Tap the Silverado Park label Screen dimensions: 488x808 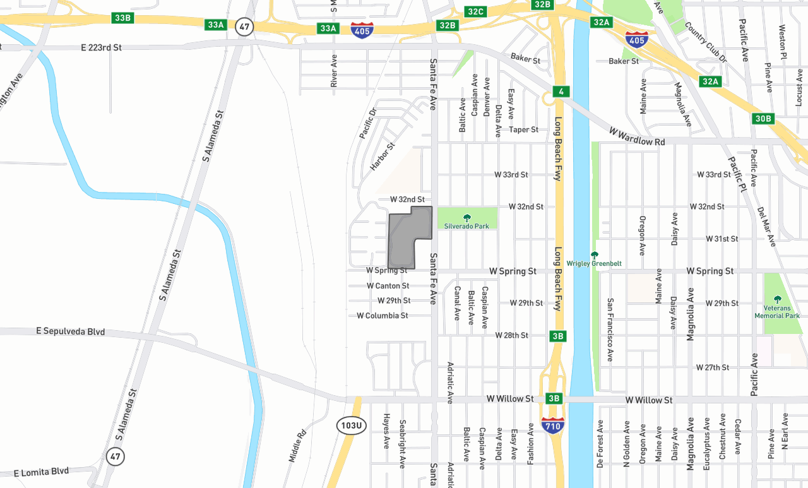pos(466,225)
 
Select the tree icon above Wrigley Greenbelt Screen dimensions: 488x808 pos(594,254)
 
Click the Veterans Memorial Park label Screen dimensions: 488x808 pos(777,312)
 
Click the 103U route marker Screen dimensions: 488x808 pos(351,425)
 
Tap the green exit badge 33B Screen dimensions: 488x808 pos(122,17)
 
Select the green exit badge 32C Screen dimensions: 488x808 pos(475,11)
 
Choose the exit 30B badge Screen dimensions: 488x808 pos(763,119)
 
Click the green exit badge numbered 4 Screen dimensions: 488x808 pos(560,92)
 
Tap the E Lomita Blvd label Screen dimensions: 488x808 pos(41,472)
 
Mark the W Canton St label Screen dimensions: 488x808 pos(388,286)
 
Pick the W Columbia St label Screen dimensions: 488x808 pos(382,315)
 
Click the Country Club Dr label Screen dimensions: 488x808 pos(706,43)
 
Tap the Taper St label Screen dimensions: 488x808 pos(524,129)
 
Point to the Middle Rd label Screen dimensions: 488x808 pos(297,446)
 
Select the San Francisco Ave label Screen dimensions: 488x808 pos(610,330)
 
